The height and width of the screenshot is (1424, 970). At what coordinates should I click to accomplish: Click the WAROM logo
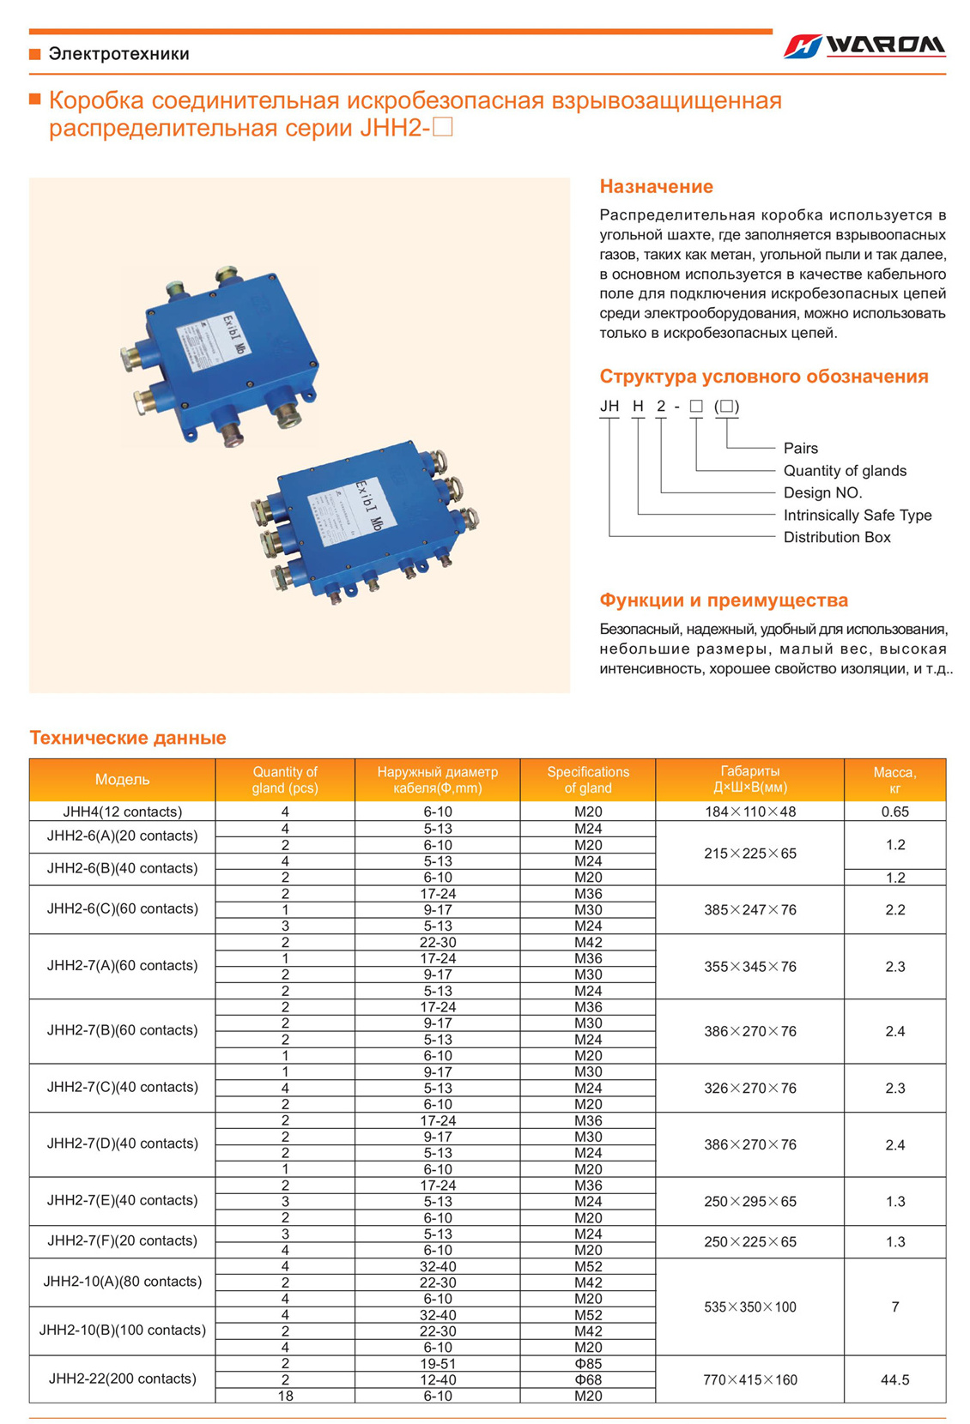pos(864,45)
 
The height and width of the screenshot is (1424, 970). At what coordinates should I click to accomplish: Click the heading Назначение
pos(656,186)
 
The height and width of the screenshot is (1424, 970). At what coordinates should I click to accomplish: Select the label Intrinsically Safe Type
pos(857,515)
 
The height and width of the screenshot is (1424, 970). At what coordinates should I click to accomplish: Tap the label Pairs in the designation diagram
pos(800,448)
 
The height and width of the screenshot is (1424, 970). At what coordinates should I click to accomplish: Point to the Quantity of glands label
pos(844,470)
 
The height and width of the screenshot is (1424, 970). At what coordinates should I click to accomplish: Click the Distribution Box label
pos(836,537)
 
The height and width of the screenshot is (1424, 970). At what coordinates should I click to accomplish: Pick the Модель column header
pos(122,779)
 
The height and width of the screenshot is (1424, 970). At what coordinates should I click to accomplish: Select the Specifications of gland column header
pos(588,779)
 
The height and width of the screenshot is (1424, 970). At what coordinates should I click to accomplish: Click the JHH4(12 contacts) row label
pos(122,812)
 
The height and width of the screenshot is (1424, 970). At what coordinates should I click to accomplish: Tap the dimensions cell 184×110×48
pos(749,812)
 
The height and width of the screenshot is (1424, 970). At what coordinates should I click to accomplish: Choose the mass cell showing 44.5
pos(894,1379)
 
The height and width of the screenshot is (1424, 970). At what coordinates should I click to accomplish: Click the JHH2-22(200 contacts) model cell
pos(122,1379)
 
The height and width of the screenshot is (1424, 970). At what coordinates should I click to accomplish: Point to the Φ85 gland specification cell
pos(588,1363)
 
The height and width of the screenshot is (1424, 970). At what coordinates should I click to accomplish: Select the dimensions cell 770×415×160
pos(749,1379)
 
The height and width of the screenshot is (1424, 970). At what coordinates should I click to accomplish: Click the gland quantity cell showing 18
pos(285,1396)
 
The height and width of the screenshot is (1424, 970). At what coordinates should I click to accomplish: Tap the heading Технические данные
pos(128,738)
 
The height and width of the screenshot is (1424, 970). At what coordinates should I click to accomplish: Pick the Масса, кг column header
pos(894,779)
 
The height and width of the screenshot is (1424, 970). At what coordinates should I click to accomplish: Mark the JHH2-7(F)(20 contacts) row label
pos(122,1240)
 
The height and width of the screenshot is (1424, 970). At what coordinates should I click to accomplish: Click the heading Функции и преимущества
pos(724,600)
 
